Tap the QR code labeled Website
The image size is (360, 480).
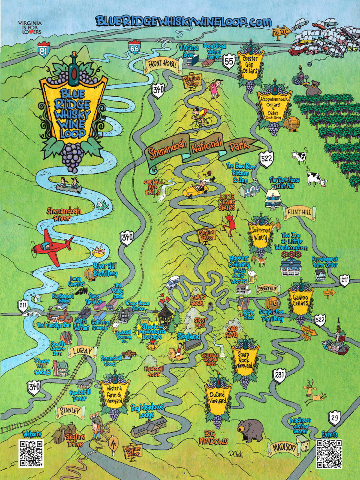tap(31, 454)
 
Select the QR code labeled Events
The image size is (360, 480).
tap(329, 454)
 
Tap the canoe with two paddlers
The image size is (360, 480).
tap(68, 185)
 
